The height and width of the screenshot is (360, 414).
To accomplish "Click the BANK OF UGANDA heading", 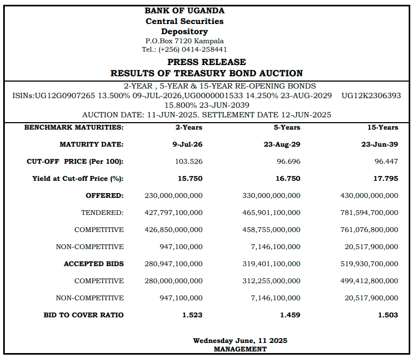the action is [x=185, y=11].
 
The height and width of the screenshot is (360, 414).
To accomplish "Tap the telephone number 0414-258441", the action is [x=204, y=50].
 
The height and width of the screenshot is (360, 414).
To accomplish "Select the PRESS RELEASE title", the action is [x=207, y=62].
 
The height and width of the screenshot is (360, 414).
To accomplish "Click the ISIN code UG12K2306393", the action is [x=371, y=95].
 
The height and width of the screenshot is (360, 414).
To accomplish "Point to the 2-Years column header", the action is [x=189, y=127].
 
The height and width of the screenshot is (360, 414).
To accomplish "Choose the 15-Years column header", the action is [x=383, y=127].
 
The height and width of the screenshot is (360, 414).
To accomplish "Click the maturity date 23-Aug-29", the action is [x=282, y=145].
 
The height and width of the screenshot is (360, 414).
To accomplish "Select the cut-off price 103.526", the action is [x=189, y=161].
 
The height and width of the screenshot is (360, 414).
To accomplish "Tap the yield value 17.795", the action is [x=386, y=179].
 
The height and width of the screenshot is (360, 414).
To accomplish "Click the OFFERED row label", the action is [x=105, y=196].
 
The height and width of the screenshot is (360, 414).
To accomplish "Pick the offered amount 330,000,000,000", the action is [x=272, y=196].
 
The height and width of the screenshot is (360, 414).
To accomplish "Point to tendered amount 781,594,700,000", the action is [x=369, y=212].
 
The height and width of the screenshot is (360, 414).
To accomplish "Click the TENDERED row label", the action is [x=102, y=212].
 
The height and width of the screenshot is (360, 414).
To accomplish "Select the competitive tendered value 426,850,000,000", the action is [x=173, y=230].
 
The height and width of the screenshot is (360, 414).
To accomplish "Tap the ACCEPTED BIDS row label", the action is [x=94, y=263].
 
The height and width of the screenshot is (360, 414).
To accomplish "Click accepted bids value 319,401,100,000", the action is [x=272, y=263].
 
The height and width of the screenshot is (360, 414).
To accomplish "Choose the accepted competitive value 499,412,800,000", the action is [x=369, y=281].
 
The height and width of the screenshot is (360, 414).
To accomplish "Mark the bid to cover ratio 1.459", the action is [x=290, y=315].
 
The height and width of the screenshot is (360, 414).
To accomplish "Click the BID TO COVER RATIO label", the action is [x=84, y=315].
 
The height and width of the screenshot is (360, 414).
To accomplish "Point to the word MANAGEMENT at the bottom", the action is [x=240, y=349].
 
